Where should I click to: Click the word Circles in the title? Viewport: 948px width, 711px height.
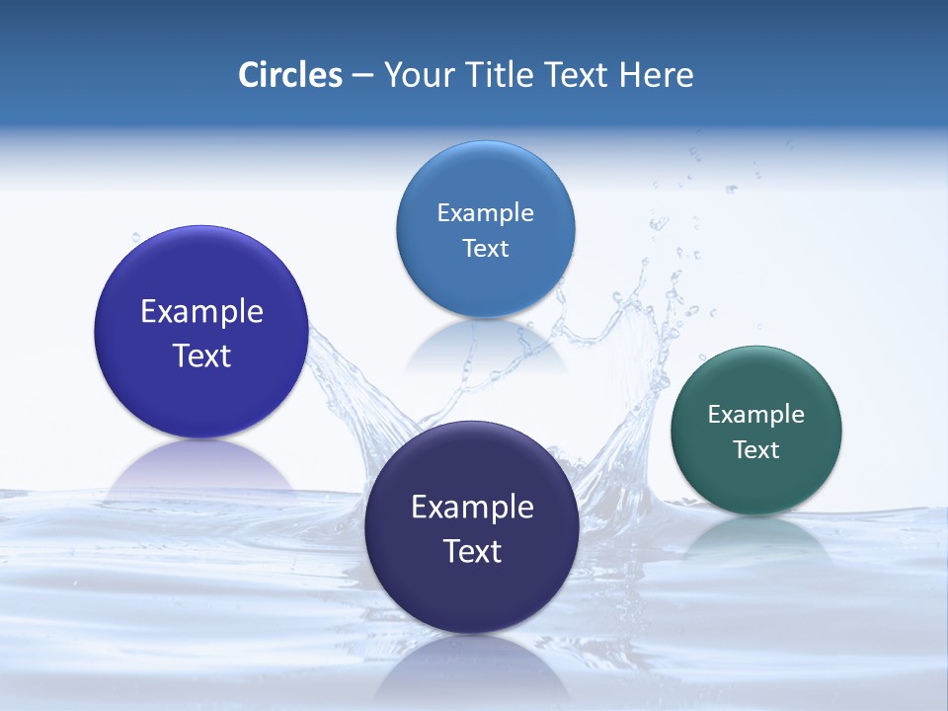pyautogui.click(x=290, y=75)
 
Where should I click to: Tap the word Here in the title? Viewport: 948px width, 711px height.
pyautogui.click(x=656, y=75)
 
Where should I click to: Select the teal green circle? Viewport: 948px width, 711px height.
pyautogui.click(x=755, y=484)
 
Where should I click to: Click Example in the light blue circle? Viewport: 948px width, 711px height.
pyautogui.click(x=485, y=213)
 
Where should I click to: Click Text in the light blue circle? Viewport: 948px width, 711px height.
pyautogui.click(x=485, y=249)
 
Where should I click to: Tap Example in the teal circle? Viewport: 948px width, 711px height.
pyautogui.click(x=755, y=415)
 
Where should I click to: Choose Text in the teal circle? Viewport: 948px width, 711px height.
pyautogui.click(x=755, y=450)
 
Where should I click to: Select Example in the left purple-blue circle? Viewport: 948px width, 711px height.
pyautogui.click(x=201, y=312)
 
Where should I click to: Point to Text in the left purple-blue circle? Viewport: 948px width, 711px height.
pyautogui.click(x=201, y=355)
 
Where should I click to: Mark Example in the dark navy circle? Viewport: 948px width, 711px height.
pyautogui.click(x=472, y=508)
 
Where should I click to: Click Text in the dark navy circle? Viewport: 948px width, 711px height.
pyautogui.click(x=472, y=551)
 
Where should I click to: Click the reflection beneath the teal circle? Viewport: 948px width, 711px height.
pyautogui.click(x=756, y=538)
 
